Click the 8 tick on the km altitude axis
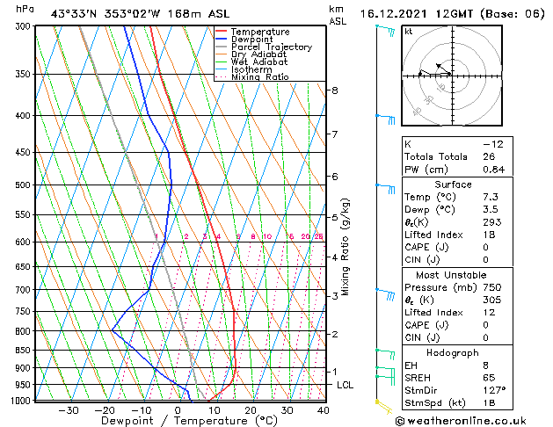[x=334, y=90]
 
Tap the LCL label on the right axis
[x=346, y=385]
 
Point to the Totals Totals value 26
[x=490, y=156]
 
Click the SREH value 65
[x=490, y=377]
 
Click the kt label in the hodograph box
[x=408, y=32]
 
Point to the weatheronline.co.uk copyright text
[x=471, y=419]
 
